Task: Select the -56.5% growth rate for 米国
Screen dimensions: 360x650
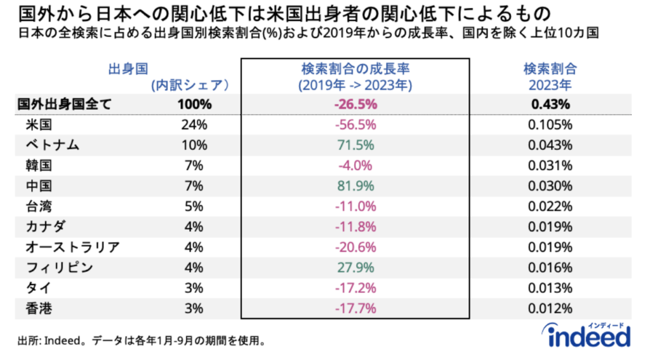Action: click(x=355, y=125)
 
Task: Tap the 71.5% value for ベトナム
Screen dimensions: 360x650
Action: click(x=355, y=145)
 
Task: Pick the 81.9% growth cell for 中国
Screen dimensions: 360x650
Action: click(x=355, y=186)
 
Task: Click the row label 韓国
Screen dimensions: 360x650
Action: click(x=39, y=166)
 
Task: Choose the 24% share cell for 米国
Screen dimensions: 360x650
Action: click(x=193, y=125)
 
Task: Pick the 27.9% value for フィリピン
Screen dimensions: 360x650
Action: click(x=355, y=267)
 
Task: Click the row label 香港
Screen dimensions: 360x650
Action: click(x=39, y=308)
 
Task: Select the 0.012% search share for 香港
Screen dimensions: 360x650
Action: click(x=550, y=308)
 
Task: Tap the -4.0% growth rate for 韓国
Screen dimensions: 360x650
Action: click(x=355, y=166)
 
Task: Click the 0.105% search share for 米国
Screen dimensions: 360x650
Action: click(x=550, y=125)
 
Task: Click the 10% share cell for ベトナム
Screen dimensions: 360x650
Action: click(x=193, y=145)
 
